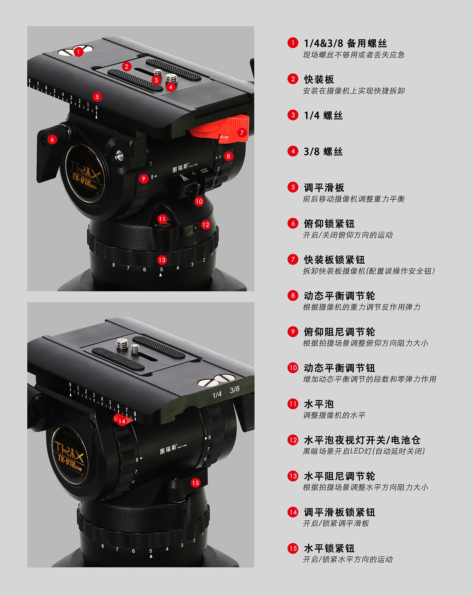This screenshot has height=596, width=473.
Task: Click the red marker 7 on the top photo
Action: [242, 133]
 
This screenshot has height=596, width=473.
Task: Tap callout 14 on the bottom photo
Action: [122, 421]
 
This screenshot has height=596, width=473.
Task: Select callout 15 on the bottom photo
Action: [196, 483]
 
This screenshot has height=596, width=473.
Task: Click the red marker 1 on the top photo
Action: [79, 52]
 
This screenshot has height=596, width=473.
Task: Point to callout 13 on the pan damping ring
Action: [162, 260]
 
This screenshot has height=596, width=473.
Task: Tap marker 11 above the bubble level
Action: [162, 219]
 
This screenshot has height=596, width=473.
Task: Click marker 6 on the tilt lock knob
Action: [52, 140]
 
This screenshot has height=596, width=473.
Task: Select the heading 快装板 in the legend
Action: [319, 79]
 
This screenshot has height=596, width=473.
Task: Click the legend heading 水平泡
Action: [319, 404]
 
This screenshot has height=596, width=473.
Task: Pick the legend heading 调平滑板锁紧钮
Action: [340, 512]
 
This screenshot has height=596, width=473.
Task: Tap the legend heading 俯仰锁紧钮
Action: [329, 224]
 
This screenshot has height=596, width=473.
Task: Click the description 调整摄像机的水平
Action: [334, 415]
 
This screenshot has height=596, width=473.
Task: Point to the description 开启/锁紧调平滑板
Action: [336, 524]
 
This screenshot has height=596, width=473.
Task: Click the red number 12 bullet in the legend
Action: [293, 440]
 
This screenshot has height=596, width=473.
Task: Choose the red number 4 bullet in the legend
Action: [293, 152]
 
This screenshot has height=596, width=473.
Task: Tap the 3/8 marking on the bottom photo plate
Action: [235, 390]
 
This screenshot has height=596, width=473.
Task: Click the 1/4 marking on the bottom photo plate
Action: [217, 394]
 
